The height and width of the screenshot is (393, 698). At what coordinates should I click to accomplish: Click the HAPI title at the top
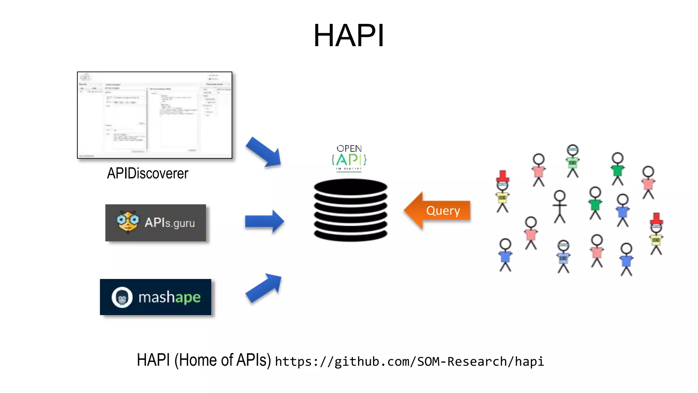click(349, 35)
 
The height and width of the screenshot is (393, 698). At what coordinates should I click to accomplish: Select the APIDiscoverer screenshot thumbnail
click(155, 115)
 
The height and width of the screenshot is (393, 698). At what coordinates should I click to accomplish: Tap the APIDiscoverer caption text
click(148, 173)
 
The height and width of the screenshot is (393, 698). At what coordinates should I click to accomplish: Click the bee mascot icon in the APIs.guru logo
click(127, 222)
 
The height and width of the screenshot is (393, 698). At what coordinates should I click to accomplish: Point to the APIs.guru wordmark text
click(170, 223)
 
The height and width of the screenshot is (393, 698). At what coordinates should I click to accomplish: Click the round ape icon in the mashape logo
click(122, 297)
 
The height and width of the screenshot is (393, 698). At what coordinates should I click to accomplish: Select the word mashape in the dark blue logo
click(169, 297)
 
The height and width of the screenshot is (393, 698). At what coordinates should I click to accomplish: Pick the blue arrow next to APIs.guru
click(264, 222)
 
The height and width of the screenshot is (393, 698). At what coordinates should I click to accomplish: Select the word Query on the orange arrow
click(443, 211)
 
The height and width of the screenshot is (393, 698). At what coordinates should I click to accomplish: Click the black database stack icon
click(350, 210)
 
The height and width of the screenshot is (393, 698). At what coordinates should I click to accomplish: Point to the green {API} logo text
click(349, 160)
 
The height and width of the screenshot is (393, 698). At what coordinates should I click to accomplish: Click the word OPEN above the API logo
click(349, 148)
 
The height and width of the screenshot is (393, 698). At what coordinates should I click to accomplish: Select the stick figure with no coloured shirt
click(560, 207)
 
